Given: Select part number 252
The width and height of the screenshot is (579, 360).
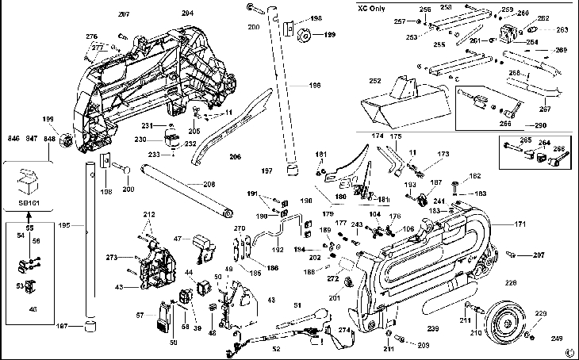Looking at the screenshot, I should [375, 80].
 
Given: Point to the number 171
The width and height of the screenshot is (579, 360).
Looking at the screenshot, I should [543, 225].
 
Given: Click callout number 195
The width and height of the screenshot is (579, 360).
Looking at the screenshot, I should [66, 225].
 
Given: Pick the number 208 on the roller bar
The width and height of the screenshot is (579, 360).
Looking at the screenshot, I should [209, 184].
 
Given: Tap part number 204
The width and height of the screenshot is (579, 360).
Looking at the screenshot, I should [187, 13].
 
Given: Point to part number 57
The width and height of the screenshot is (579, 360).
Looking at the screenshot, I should [140, 316].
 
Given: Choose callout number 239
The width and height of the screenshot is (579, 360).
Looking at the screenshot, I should [432, 327].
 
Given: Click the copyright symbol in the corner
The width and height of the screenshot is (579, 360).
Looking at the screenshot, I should [569, 352].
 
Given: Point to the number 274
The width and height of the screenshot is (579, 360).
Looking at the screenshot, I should [344, 329].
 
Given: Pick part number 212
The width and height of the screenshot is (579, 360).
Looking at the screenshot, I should [149, 215].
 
